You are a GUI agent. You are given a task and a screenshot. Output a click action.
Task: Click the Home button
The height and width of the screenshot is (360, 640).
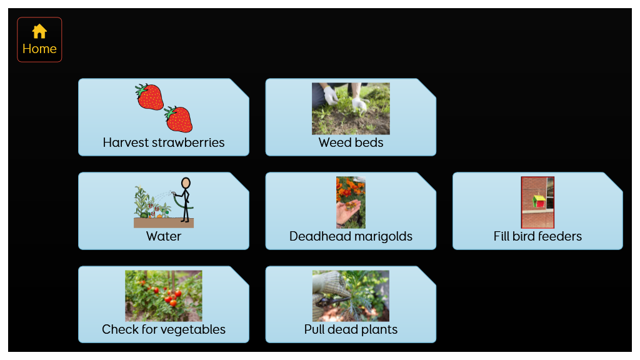coord(39,39)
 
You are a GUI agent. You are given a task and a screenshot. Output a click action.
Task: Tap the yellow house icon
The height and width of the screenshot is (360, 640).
coord(39,31)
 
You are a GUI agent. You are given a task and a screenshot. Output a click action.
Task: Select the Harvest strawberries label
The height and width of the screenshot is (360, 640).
coord(164,142)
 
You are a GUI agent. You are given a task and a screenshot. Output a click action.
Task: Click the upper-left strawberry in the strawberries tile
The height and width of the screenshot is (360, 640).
coord(149,97)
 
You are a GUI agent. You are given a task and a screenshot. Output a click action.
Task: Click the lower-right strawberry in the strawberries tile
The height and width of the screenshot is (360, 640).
coord(178,119)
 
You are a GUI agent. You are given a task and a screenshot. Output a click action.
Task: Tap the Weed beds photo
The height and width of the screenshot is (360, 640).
coord(351,109)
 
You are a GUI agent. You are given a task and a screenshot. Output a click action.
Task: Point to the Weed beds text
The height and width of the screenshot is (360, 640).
coord(351,142)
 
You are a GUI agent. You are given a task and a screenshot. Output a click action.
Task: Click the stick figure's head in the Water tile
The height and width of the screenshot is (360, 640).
coord(186,182)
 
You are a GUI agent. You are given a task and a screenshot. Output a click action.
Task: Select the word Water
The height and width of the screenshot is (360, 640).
coord(164,236)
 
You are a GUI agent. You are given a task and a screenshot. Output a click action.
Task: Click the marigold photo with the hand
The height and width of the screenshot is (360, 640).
coord(351,202)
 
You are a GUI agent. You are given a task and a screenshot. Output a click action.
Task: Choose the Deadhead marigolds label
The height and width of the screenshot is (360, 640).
coord(351,236)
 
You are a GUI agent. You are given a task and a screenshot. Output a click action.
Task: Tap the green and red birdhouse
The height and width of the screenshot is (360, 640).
coord(539,201)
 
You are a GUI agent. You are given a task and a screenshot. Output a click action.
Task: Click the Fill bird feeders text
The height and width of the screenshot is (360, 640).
coord(537,236)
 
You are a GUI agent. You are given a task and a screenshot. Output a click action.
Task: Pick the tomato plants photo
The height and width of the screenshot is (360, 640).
coord(164,296)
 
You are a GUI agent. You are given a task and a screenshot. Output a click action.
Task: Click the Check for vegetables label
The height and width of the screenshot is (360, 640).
coord(164,329)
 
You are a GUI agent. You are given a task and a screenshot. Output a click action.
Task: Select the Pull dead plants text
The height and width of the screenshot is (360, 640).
coord(351,329)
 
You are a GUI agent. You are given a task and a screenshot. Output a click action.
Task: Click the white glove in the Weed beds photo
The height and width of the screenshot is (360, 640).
coord(331,96)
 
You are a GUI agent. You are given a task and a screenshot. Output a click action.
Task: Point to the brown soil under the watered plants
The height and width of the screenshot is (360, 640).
coord(164,223)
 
